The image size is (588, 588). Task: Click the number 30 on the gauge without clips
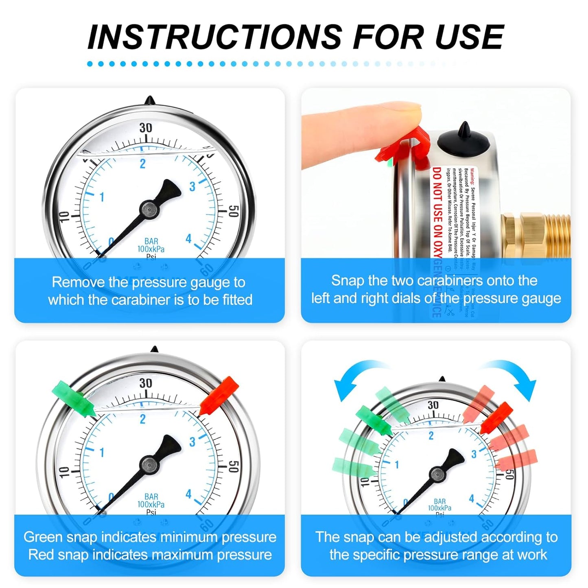146,128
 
